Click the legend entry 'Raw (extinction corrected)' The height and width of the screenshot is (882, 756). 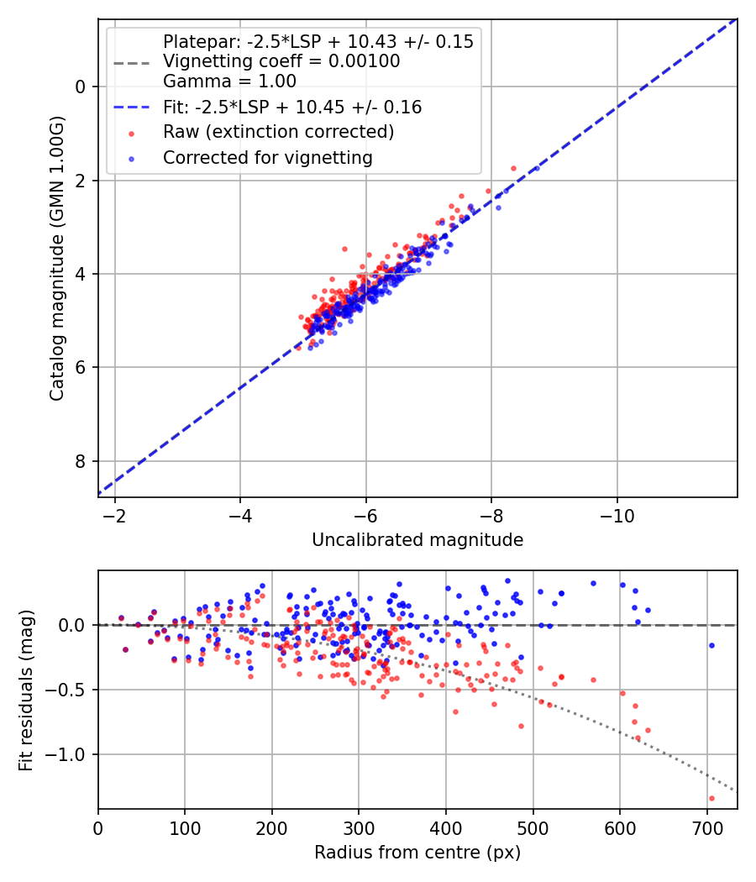click(278, 132)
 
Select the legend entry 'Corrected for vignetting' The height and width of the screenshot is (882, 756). click(267, 157)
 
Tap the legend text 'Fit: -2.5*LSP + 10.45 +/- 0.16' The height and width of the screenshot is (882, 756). click(292, 108)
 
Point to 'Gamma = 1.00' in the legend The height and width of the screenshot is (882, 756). click(229, 81)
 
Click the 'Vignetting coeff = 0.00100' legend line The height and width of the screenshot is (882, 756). click(281, 61)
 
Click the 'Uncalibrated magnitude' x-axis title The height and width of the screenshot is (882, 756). click(417, 540)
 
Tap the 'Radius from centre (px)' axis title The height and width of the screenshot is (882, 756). click(417, 853)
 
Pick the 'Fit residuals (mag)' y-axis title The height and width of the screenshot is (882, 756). click(26, 690)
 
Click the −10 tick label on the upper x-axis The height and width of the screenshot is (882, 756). click(617, 514)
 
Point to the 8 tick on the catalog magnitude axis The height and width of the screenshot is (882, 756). click(81, 461)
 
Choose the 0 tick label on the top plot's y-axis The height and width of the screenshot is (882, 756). click(81, 87)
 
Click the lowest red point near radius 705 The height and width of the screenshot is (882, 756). click(711, 798)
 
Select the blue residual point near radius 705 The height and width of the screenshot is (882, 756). click(711, 645)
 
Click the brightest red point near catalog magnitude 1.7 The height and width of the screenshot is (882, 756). click(513, 168)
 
